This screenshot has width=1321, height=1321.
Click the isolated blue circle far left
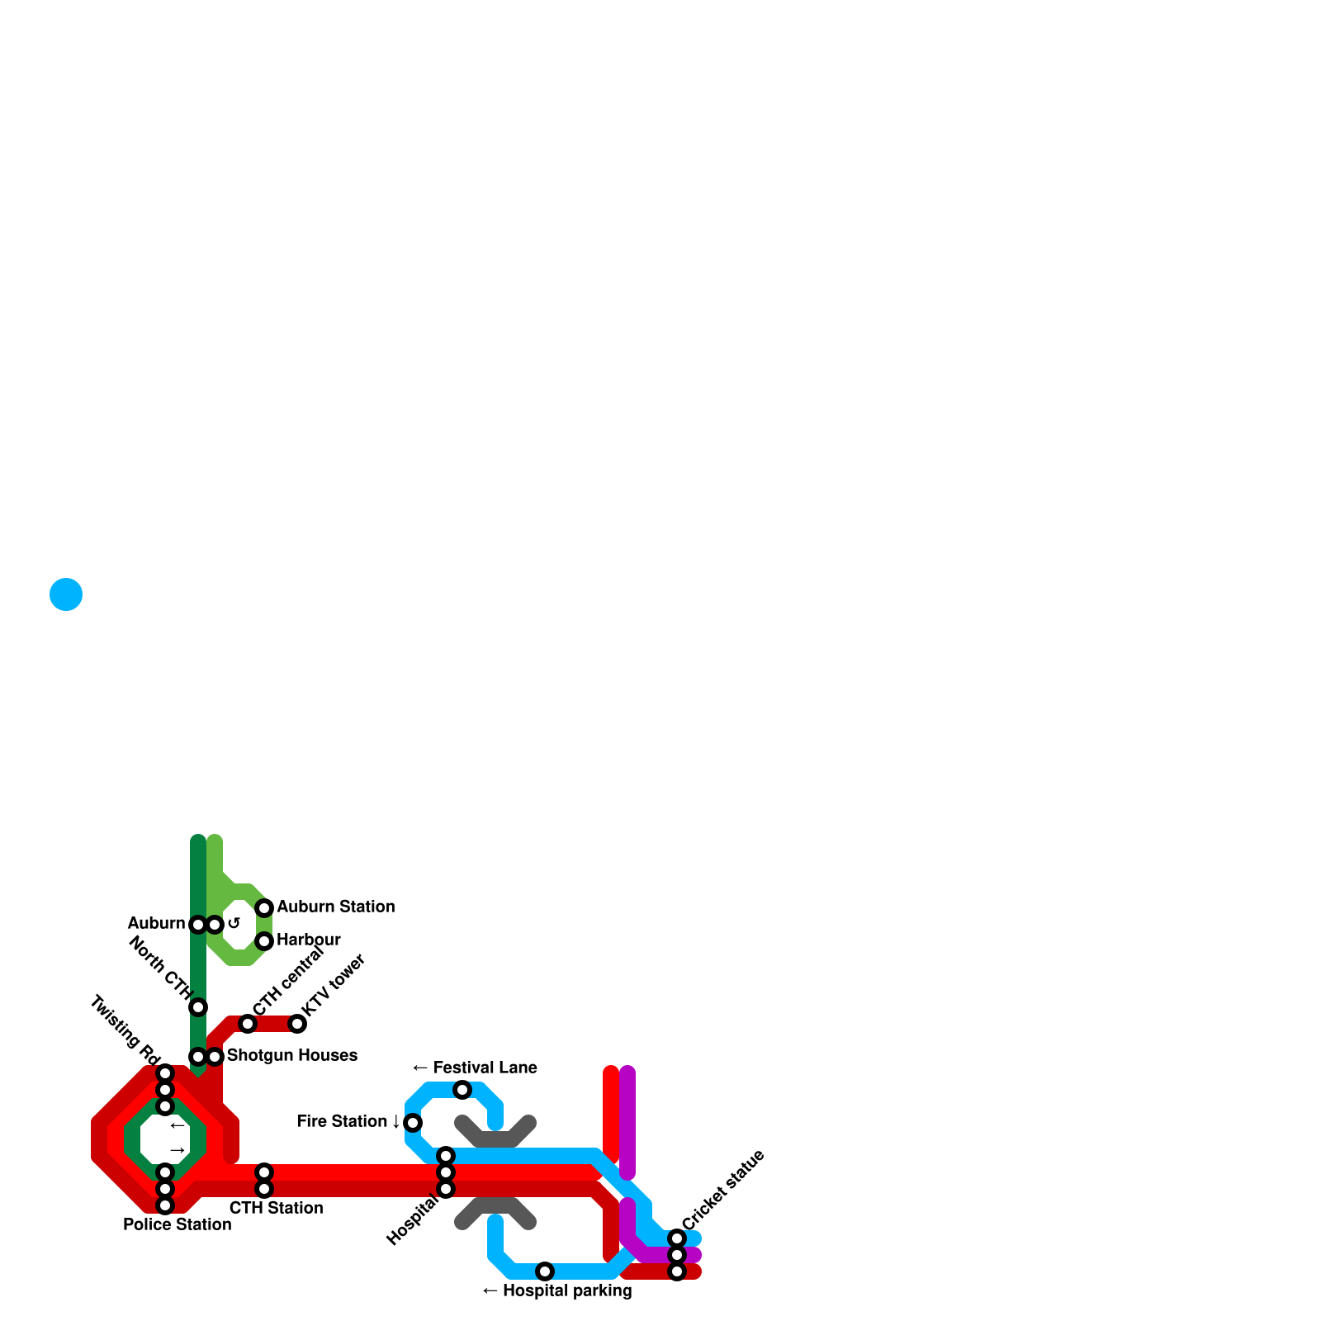click(66, 594)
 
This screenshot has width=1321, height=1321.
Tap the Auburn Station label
click(335, 907)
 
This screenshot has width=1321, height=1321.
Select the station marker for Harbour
click(264, 941)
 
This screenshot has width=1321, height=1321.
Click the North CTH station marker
click(198, 1007)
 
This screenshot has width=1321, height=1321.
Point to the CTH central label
click(288, 980)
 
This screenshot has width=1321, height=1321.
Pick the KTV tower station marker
click(297, 1024)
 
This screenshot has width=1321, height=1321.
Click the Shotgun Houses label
click(291, 1055)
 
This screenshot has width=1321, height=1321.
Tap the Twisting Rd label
click(125, 1030)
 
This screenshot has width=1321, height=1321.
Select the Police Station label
click(177, 1224)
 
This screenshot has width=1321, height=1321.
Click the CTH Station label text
click(276, 1208)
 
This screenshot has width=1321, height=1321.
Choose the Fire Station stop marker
click(413, 1123)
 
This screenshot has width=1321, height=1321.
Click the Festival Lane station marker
click(462, 1090)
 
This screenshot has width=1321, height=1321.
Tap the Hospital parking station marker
click(545, 1271)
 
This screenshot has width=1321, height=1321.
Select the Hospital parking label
click(557, 1290)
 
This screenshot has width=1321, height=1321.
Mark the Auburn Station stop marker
click(264, 908)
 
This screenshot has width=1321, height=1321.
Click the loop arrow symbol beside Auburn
click(234, 923)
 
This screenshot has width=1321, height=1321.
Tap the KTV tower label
click(334, 986)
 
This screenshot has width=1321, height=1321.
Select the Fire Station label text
click(342, 1121)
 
